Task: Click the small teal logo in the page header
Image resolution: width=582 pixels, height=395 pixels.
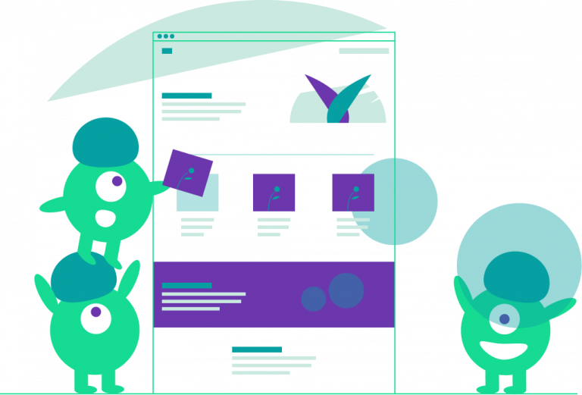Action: pyautogui.click(x=167, y=51)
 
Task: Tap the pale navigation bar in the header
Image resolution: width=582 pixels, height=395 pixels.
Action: pyautogui.click(x=364, y=51)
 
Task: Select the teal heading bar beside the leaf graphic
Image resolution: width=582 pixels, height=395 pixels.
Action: pyautogui.click(x=186, y=96)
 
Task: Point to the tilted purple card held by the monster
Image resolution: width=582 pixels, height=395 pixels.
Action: pyautogui.click(x=187, y=172)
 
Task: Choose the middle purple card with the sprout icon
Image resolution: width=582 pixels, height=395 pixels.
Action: pyautogui.click(x=274, y=192)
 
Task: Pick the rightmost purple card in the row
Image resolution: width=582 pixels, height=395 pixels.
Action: pyautogui.click(x=352, y=192)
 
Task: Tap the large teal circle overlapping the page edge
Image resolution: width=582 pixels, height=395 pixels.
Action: pyautogui.click(x=402, y=202)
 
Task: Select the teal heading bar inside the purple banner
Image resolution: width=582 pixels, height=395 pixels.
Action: pyautogui.click(x=186, y=285)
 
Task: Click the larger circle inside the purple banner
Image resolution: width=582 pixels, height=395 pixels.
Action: pyautogui.click(x=346, y=290)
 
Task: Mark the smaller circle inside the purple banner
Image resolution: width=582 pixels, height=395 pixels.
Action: pyautogui.click(x=314, y=299)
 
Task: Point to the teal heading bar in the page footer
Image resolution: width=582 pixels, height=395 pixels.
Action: pyautogui.click(x=257, y=349)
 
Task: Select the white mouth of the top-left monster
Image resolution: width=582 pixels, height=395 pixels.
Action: pyautogui.click(x=105, y=218)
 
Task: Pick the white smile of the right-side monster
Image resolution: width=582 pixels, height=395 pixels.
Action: pyautogui.click(x=504, y=350)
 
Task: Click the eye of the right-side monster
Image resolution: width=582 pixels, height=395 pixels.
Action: pyautogui.click(x=504, y=319)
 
